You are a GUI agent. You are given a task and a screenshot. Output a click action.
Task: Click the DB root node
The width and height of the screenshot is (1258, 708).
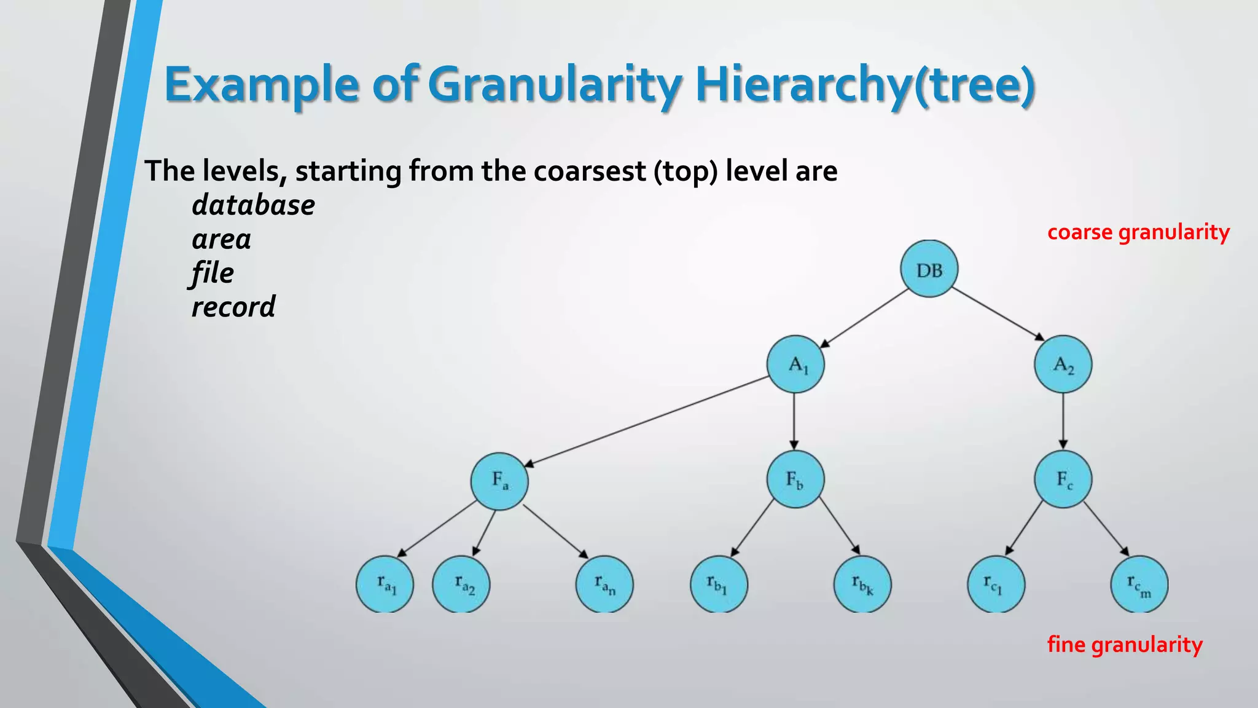coord(929,269)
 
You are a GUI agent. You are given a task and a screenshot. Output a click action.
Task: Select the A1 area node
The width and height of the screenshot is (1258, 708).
coord(795,364)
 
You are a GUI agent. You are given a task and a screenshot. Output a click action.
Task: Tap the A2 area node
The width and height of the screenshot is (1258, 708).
coord(1063,364)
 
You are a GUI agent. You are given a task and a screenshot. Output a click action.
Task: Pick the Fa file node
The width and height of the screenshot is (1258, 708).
coord(499,481)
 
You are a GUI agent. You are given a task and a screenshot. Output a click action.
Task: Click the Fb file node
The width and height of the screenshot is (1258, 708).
coord(795,479)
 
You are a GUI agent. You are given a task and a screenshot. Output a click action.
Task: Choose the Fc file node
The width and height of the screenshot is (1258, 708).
coord(1063,479)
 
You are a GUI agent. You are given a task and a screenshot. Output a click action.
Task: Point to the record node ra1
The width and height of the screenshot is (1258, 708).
coord(385,584)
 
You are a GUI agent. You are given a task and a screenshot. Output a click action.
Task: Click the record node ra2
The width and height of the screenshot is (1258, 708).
coord(461,584)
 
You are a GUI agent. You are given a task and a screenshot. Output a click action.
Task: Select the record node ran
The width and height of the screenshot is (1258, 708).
coord(604,584)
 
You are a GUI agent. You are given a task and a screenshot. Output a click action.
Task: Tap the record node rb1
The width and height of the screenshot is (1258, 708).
coord(719,584)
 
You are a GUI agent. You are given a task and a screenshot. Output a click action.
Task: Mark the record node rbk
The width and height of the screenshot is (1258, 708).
coord(862,584)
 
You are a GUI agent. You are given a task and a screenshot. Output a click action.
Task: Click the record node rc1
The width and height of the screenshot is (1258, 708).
coord(996,584)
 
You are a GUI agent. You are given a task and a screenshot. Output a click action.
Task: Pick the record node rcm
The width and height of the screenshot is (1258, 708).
coord(1139,584)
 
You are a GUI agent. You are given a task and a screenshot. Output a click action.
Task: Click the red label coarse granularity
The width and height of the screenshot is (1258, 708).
coord(1138,232)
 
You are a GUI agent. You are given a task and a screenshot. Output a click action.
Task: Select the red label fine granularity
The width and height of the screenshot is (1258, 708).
coord(1125,644)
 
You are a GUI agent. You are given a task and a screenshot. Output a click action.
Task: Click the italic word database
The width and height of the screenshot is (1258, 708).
coord(253,205)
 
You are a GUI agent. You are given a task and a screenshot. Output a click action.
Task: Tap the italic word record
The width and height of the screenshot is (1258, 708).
coord(233,307)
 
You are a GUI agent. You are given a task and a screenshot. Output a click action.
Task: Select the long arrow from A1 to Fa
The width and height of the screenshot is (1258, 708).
coord(645,421)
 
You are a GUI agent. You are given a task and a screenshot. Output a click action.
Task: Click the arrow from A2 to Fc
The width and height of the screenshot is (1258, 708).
coord(1063,421)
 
